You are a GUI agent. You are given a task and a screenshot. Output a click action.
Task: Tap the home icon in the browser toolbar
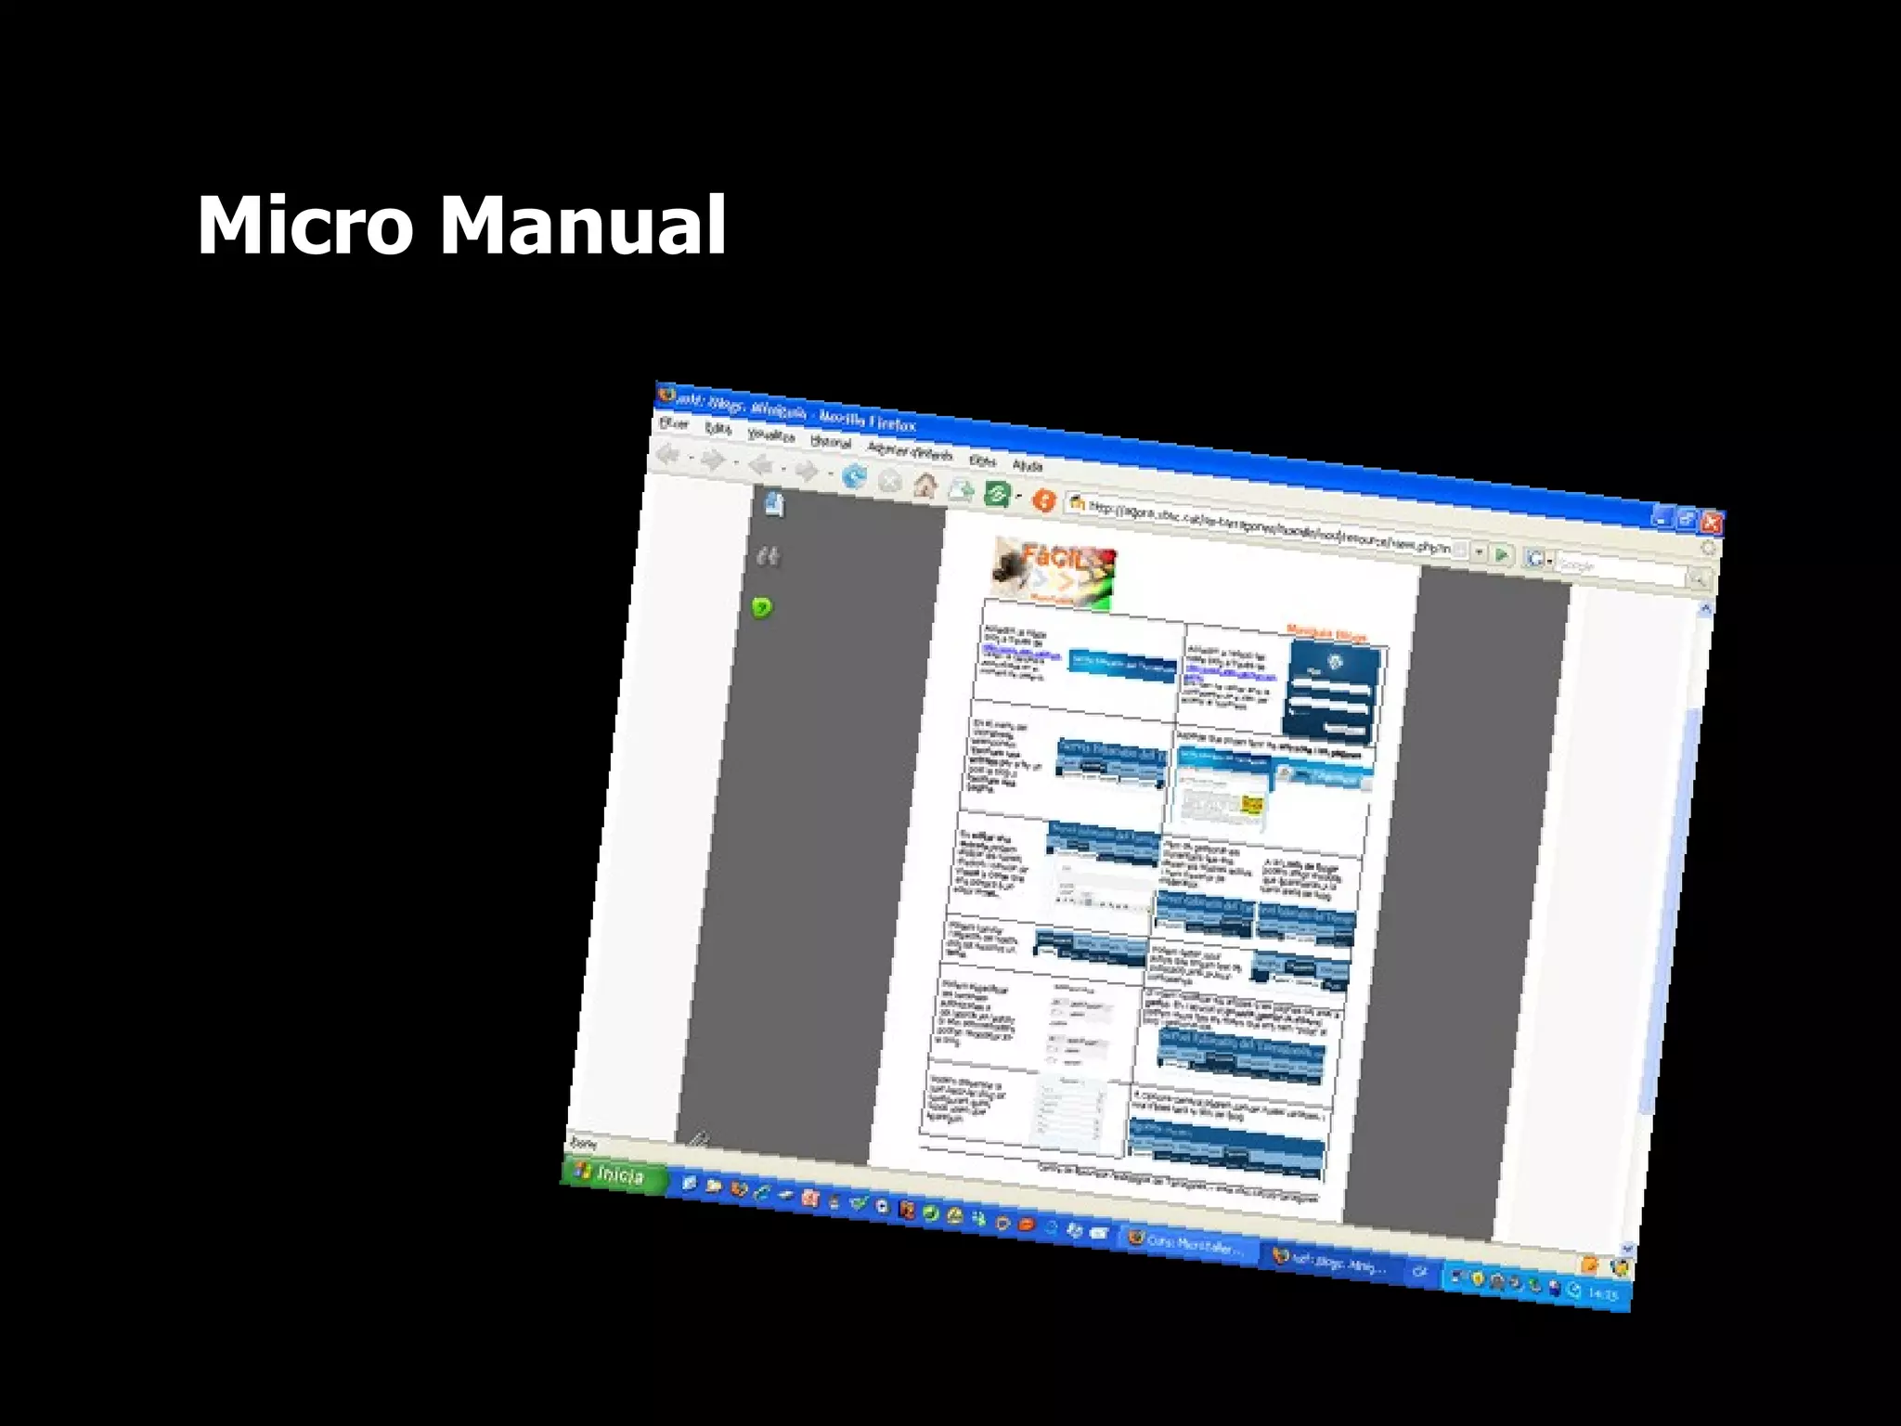pos(925,486)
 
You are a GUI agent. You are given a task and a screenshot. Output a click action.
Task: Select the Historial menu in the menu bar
pos(831,442)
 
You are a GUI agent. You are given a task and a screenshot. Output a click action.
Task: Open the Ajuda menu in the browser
pos(1028,464)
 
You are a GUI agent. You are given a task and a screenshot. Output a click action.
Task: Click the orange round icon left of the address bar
pos(1044,500)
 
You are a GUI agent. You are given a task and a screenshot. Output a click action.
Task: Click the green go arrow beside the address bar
pos(1501,555)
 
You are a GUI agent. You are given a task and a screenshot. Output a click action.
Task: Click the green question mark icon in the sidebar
pos(761,608)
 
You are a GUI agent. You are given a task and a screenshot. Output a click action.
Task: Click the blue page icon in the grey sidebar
pos(773,504)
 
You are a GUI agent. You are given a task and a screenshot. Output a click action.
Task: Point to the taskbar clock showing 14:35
pos(1603,1293)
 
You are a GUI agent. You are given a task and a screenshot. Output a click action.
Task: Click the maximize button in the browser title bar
pos(1687,520)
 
